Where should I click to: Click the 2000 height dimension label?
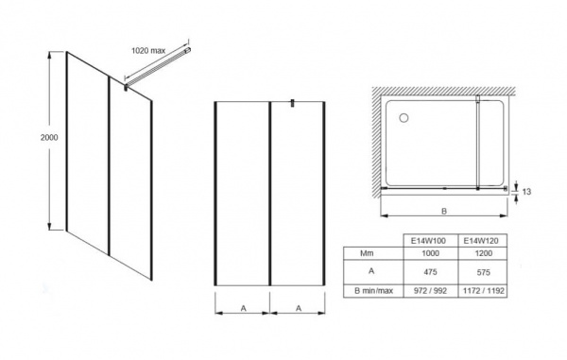point(49,137)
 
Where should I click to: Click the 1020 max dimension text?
point(148,51)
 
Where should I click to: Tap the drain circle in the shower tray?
point(404,118)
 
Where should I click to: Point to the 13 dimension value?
point(527,192)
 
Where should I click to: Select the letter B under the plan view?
point(444,212)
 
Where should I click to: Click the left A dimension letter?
point(244,308)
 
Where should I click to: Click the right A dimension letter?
point(299,308)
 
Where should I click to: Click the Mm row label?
point(367,253)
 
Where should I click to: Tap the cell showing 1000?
point(430,253)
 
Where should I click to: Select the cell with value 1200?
point(484,253)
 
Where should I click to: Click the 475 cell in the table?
point(430,272)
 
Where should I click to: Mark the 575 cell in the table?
point(484,272)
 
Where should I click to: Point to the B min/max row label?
point(373,291)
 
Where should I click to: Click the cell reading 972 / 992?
point(430,291)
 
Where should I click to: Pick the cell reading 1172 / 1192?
point(484,291)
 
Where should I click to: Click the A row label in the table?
point(371,271)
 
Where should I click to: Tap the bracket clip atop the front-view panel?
point(293,103)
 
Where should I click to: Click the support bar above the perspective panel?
point(158,68)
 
